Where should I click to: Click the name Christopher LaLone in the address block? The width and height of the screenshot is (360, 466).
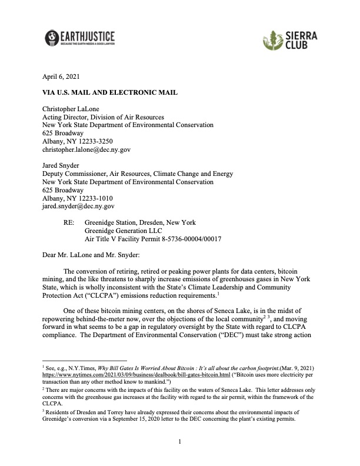tap(75, 109)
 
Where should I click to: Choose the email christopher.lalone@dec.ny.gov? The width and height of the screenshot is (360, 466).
tap(86, 150)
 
